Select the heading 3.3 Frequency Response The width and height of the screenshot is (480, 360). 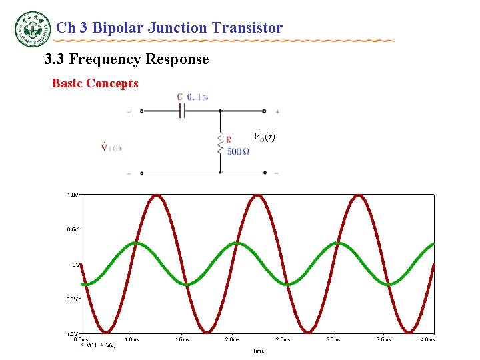click(x=126, y=60)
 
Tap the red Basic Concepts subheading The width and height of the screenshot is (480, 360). click(x=95, y=84)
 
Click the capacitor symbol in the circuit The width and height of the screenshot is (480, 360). click(x=181, y=111)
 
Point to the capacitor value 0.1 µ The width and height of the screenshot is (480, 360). click(x=198, y=97)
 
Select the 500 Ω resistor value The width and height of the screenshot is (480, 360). click(x=238, y=151)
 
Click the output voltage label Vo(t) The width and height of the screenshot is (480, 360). click(x=264, y=137)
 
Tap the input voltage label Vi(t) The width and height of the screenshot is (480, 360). click(x=111, y=147)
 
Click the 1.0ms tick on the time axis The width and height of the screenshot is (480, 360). click(x=132, y=339)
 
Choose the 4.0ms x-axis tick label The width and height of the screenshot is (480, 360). click(x=427, y=339)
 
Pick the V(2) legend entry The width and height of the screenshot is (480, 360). click(x=110, y=345)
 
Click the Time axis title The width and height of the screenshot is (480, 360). click(x=258, y=351)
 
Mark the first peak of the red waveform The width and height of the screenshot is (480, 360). click(x=157, y=196)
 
